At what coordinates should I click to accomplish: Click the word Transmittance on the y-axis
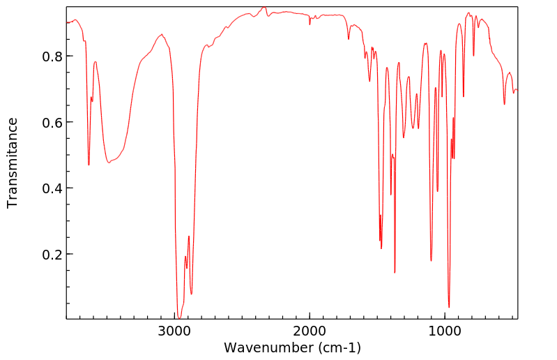(x=13, y=163)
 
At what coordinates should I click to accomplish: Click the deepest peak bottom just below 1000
(x=449, y=307)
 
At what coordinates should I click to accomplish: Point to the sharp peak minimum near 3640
(x=89, y=165)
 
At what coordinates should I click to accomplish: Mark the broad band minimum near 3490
(x=109, y=163)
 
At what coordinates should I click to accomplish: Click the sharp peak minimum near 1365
(x=395, y=273)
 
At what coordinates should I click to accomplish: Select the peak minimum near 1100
(x=432, y=261)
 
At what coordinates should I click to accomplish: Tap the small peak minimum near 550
(x=505, y=105)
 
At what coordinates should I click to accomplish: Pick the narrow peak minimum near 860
(x=464, y=97)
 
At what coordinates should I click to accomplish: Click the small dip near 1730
(x=349, y=39)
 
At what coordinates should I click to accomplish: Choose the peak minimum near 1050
(x=437, y=191)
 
